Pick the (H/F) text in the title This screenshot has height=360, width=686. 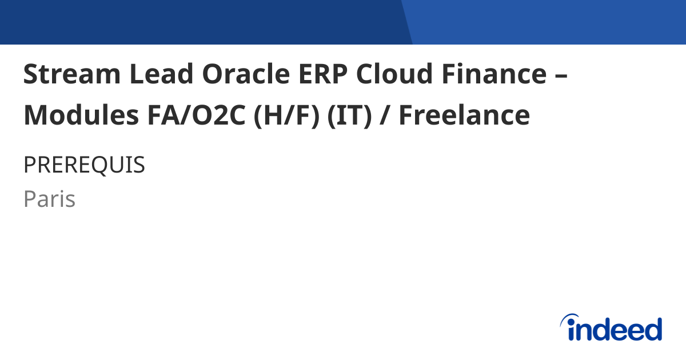tap(286, 115)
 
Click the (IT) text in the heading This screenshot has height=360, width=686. tap(349, 115)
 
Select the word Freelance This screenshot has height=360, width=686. tap(464, 115)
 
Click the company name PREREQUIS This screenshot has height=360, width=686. tap(84, 165)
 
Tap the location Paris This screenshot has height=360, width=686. tap(50, 199)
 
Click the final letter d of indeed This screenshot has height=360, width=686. tap(653, 330)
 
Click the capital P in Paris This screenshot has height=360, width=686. tap(29, 199)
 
